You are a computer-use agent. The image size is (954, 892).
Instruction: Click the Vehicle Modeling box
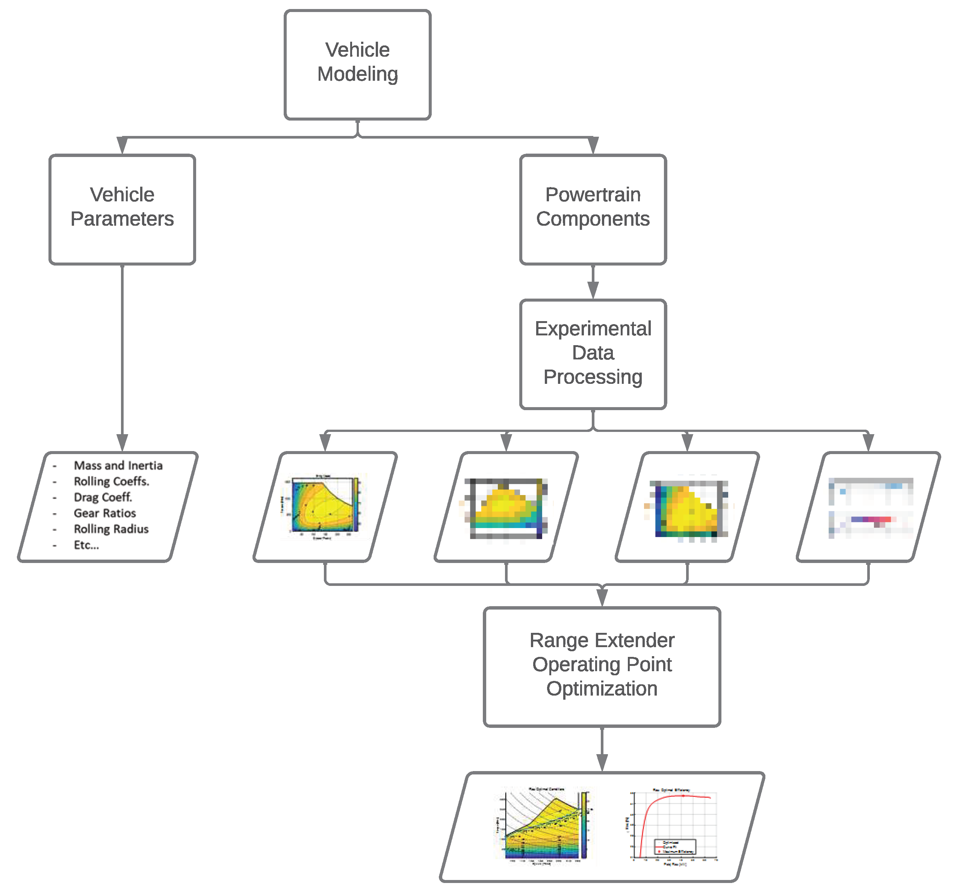point(357,65)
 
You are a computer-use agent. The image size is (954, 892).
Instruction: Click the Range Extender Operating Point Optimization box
point(602,667)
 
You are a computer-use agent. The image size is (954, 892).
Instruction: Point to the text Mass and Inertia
point(118,466)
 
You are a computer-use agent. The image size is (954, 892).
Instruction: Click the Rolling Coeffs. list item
point(111,481)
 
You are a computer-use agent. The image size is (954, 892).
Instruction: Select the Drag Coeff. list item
point(103,497)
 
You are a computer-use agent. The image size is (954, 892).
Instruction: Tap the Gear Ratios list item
point(104,513)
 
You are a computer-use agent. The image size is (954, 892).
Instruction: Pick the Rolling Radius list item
point(111,529)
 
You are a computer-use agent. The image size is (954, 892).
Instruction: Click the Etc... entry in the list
point(86,545)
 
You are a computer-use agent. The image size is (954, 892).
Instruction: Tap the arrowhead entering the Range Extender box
point(602,598)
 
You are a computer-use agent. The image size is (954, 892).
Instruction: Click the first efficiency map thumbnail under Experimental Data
point(325,506)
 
